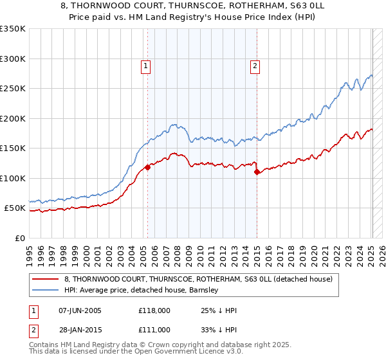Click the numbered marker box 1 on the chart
click(x=146, y=65)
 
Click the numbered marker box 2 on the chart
click(x=255, y=65)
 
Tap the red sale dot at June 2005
click(x=147, y=167)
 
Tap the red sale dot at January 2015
click(x=257, y=172)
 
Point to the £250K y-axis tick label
click(x=13, y=89)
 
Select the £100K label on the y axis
click(x=13, y=178)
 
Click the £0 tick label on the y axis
click(x=19, y=238)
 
